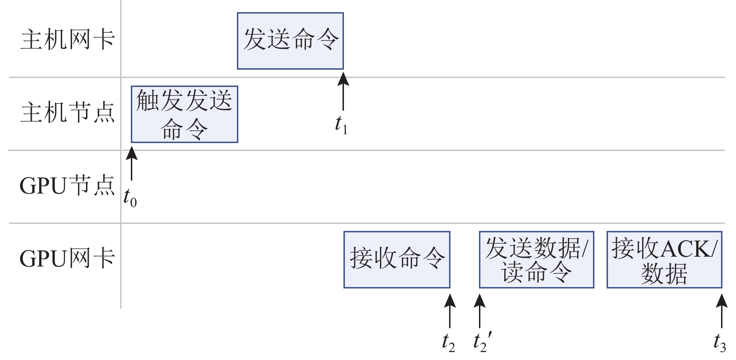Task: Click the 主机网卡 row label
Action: (x=68, y=39)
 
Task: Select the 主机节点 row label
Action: (x=68, y=113)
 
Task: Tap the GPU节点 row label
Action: (x=67, y=186)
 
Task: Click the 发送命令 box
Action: (x=290, y=41)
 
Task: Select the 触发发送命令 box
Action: (x=185, y=115)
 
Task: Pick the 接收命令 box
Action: (x=397, y=259)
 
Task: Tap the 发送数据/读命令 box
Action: (x=536, y=259)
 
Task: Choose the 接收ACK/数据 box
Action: (x=664, y=259)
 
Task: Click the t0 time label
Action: (x=130, y=197)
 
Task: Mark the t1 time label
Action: (x=341, y=124)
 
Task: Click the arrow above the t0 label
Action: (x=132, y=164)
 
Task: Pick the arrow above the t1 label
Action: (x=343, y=91)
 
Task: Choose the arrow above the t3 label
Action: (x=722, y=310)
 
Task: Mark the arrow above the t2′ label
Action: (x=479, y=310)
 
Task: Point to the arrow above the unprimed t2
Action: (x=450, y=310)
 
